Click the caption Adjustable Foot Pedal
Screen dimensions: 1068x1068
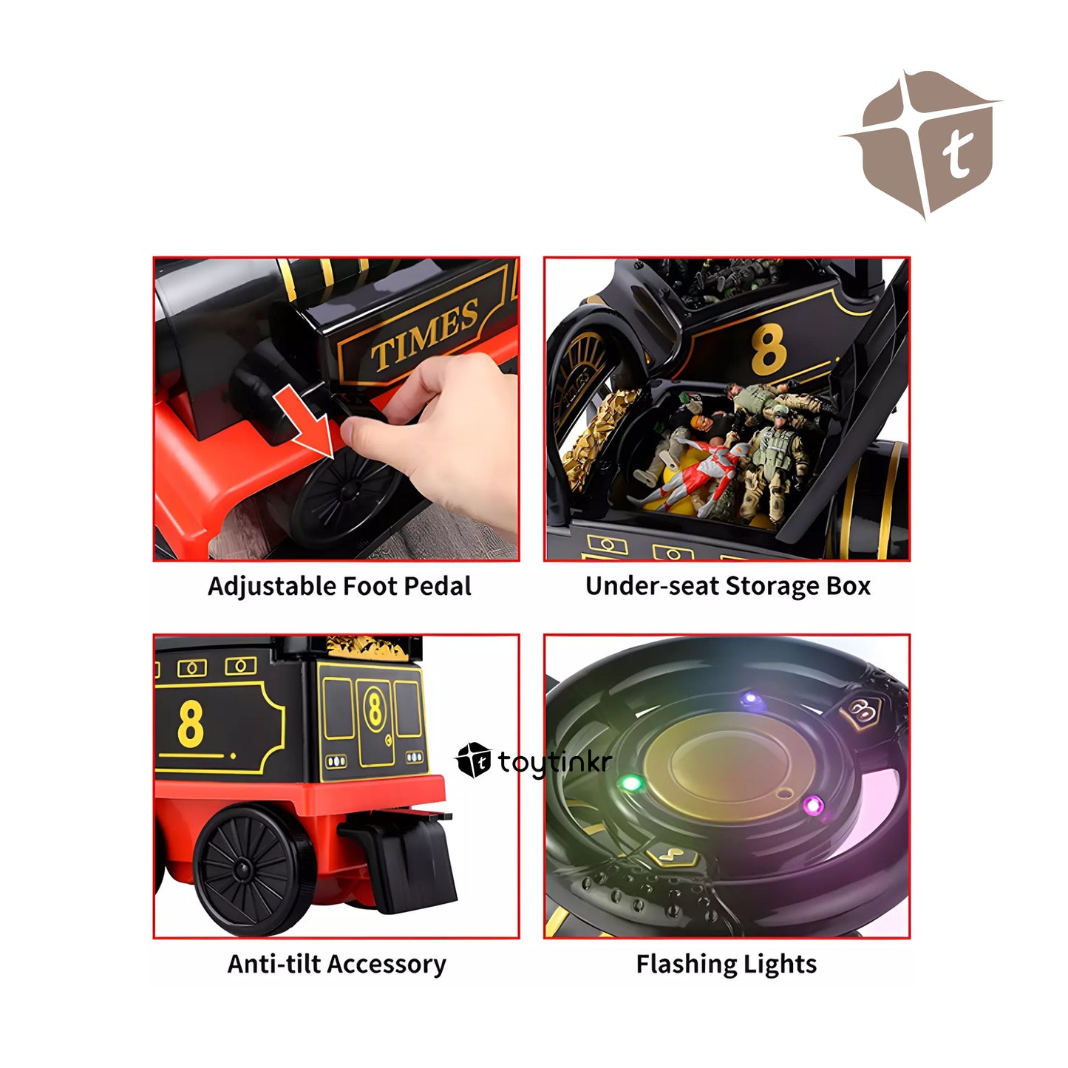click(x=339, y=587)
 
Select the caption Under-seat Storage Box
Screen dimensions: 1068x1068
click(x=728, y=587)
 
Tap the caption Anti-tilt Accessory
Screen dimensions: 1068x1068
click(x=336, y=965)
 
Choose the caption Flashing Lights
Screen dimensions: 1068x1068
click(x=726, y=965)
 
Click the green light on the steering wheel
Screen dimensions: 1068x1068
click(x=630, y=783)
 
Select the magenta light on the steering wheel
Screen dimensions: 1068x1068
click(x=813, y=804)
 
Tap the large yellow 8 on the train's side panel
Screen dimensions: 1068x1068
click(x=191, y=724)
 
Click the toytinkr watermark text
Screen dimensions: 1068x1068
click(x=554, y=761)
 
